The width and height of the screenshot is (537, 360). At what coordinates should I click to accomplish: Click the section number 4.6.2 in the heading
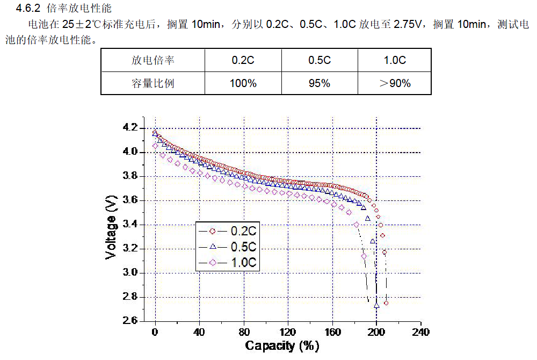(28, 9)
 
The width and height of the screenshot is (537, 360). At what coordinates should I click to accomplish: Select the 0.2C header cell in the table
(243, 60)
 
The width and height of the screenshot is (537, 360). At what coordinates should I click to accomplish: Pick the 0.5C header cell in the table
(319, 60)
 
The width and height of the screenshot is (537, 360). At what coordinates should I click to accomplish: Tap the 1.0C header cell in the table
(395, 60)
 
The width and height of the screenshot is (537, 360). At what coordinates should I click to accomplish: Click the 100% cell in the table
(243, 83)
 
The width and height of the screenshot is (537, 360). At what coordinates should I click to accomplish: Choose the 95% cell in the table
(319, 83)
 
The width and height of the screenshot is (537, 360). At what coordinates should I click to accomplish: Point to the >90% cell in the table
(395, 83)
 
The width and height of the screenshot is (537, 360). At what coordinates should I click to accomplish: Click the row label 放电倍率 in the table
(153, 60)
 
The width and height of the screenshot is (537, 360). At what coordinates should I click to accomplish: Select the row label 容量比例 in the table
(153, 83)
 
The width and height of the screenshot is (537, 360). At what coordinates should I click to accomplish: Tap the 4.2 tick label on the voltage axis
(130, 128)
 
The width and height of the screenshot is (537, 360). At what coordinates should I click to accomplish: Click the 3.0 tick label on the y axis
(130, 273)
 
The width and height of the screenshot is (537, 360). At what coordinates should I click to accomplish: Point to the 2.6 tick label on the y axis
(130, 321)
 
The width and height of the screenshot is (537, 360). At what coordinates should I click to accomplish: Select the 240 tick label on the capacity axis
(421, 332)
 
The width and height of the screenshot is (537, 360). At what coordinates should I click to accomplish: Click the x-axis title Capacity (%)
(282, 345)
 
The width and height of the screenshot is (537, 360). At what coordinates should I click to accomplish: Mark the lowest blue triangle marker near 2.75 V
(376, 305)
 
